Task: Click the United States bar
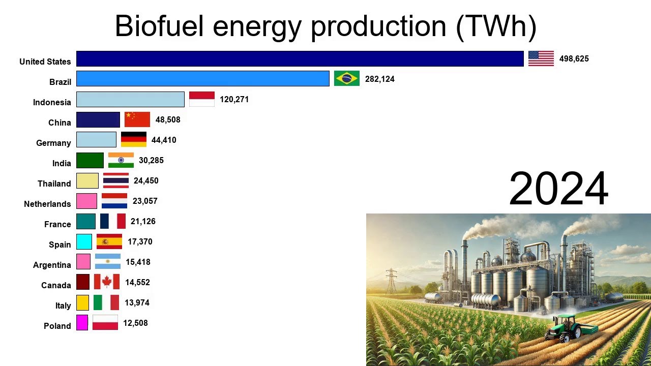pyautogui.click(x=300, y=58)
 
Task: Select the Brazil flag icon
pyautogui.click(x=347, y=78)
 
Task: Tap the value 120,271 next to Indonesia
pyautogui.click(x=234, y=99)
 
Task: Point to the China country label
pyautogui.click(x=60, y=123)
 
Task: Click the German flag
pyautogui.click(x=134, y=139)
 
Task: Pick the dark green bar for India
pyautogui.click(x=90, y=160)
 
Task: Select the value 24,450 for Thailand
pyautogui.click(x=146, y=180)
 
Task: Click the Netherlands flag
pyautogui.click(x=114, y=201)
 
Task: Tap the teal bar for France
pyautogui.click(x=86, y=221)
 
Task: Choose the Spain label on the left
pyautogui.click(x=60, y=245)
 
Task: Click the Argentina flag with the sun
pyautogui.click(x=108, y=261)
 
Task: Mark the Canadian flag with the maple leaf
pyautogui.click(x=107, y=282)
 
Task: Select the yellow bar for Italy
pyautogui.click(x=82, y=302)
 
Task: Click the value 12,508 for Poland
pyautogui.click(x=135, y=323)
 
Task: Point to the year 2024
pyautogui.click(x=558, y=189)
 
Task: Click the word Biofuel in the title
pyautogui.click(x=160, y=26)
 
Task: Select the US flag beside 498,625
pyautogui.click(x=541, y=58)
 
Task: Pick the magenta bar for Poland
pyautogui.click(x=82, y=323)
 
